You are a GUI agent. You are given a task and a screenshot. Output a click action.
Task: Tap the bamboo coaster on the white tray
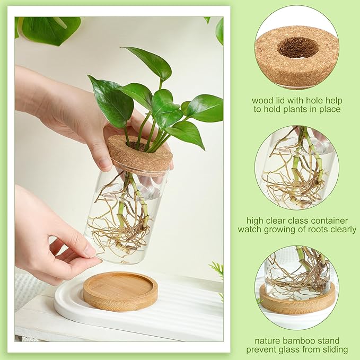(120, 291)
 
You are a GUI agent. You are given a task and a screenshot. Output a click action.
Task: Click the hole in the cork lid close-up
(297, 48)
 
